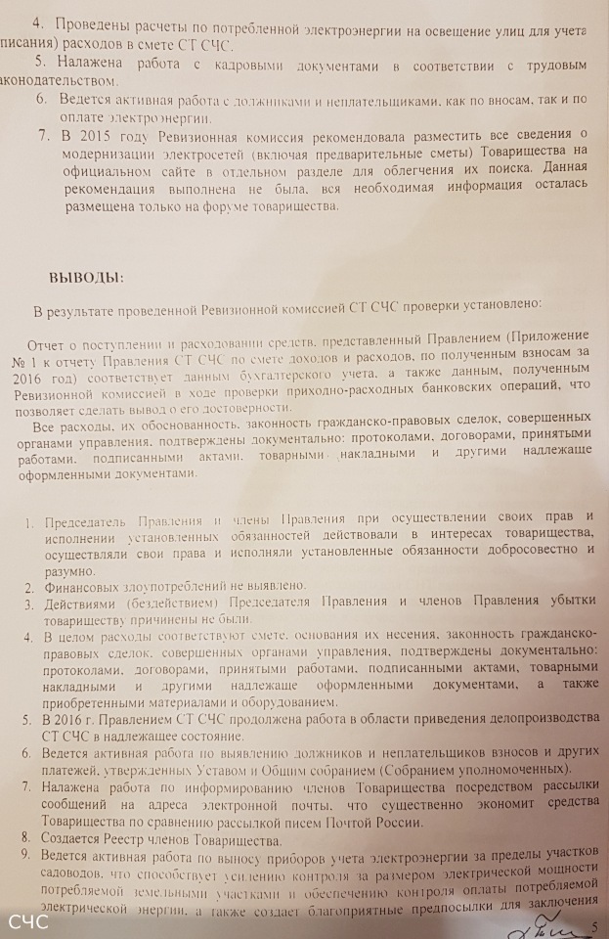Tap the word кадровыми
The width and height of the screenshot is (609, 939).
[206, 65]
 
